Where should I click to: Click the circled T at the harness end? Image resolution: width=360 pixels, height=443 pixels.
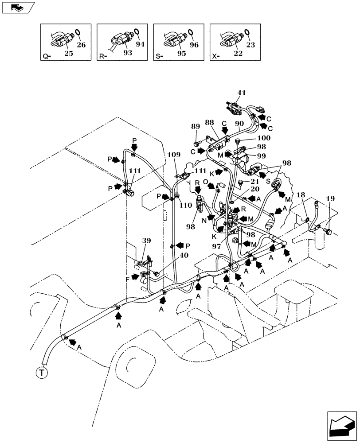click(41, 373)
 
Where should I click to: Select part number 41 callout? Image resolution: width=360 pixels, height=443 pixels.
click(241, 93)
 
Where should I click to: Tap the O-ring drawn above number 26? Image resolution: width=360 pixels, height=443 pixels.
click(78, 32)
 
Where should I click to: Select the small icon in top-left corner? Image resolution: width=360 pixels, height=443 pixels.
click(17, 7)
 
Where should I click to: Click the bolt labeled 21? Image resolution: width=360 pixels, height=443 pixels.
click(240, 182)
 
